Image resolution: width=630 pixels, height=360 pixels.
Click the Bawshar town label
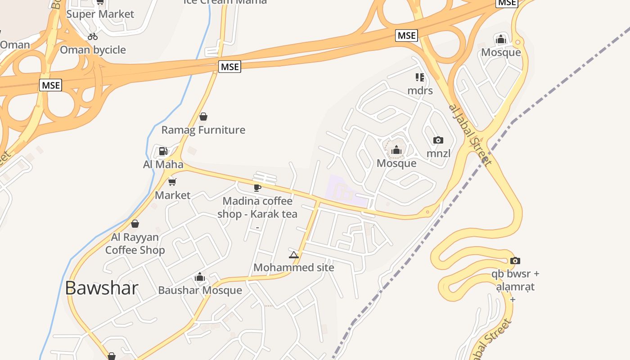coord(101,288)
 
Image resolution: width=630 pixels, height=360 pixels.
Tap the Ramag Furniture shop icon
coord(203,117)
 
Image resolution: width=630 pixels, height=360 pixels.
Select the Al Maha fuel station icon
coord(163,151)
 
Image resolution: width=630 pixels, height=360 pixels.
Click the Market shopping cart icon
coord(172,182)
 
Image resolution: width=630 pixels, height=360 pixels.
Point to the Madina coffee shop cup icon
coord(257,187)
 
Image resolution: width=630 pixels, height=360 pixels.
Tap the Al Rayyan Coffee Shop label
coord(135,243)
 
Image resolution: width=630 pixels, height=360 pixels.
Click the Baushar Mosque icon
coord(200,277)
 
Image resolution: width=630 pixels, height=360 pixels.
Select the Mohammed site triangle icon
coord(294,255)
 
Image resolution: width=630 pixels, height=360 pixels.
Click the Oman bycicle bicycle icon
coord(93,36)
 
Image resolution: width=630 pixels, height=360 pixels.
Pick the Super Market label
coord(100,14)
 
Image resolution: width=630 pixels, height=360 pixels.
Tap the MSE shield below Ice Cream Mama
coord(230,67)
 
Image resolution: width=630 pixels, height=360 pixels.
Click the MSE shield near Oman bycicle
coord(50,85)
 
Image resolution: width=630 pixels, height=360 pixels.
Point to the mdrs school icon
coord(420,77)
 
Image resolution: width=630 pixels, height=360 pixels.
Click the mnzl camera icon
coord(438,140)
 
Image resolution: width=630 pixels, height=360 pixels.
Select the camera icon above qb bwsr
coord(515,261)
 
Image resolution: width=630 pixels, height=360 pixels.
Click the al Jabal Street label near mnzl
coord(470,134)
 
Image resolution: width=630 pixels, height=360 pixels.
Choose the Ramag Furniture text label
coord(203,130)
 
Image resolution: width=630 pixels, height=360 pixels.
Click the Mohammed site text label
coord(294,267)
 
